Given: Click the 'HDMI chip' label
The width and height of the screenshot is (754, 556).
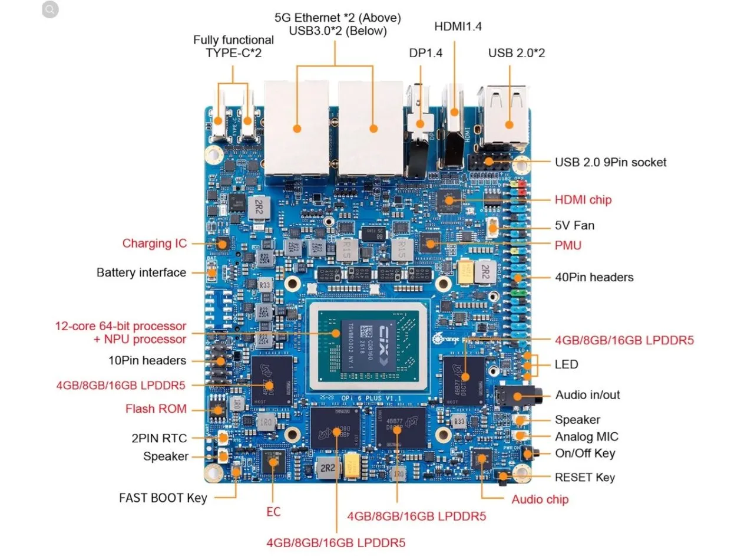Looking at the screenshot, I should click(583, 200).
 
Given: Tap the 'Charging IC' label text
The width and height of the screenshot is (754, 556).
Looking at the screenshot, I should click(154, 244).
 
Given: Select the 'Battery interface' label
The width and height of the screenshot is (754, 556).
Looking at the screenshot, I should click(141, 273).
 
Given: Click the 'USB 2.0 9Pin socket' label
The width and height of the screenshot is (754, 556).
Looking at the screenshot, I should click(610, 162).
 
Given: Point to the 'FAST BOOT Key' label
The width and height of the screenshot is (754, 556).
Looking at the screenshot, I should click(163, 498).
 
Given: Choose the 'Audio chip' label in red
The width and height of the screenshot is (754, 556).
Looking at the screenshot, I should click(540, 500).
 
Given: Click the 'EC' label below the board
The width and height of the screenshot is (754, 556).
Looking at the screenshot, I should click(273, 512).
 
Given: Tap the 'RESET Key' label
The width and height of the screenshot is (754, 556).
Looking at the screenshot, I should click(584, 477).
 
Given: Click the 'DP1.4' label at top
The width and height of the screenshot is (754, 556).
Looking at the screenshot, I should click(425, 53).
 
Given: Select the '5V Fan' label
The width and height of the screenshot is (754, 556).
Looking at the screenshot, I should click(574, 226).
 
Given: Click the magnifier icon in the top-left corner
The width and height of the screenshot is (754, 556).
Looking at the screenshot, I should click(50, 9).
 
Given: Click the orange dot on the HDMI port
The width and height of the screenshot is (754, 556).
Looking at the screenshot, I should click(454, 112).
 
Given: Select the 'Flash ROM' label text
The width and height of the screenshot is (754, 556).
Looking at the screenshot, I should click(156, 409).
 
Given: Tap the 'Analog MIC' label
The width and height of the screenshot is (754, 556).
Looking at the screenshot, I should click(586, 437).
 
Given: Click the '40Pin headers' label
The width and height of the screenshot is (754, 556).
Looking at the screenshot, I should click(594, 277).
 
